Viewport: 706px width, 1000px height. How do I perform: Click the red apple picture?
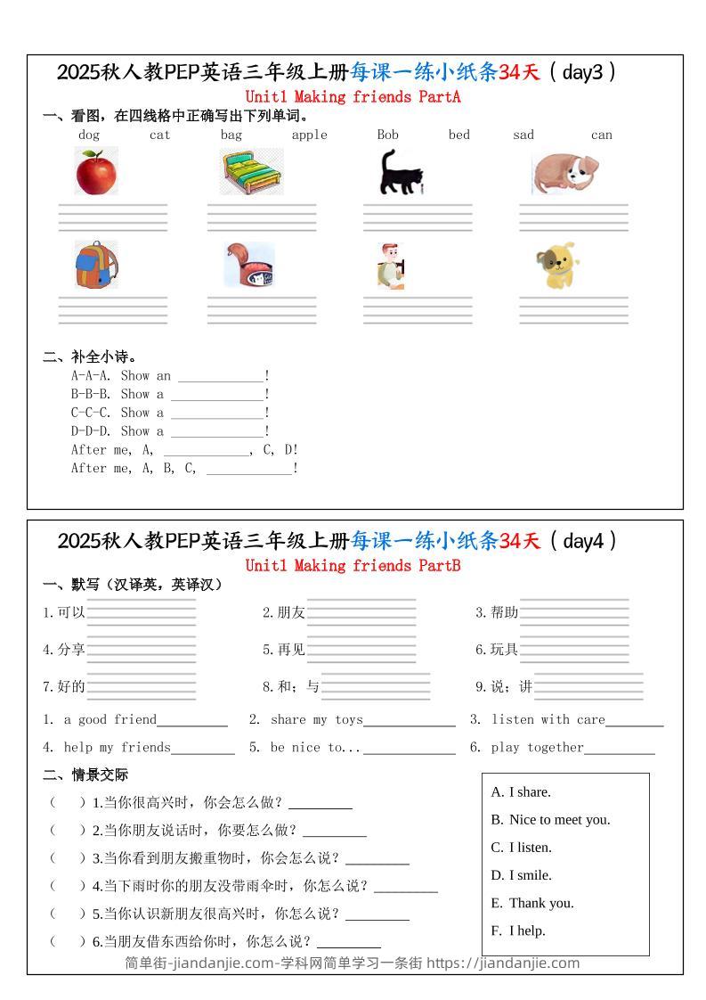pos(96,172)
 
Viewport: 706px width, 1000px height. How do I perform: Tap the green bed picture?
pos(253,172)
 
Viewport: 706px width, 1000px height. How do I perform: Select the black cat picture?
pos(399,172)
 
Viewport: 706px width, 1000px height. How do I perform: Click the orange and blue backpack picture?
pos(95,265)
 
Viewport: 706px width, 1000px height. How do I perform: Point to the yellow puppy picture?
pos(557,266)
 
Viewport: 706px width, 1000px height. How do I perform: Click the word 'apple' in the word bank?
pos(309,135)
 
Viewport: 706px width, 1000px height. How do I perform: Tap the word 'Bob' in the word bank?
pos(387,135)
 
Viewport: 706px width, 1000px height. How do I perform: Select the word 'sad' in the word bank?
pos(523,135)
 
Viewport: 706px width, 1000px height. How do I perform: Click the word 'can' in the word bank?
pos(602,135)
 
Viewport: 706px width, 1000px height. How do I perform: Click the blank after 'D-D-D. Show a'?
pos(217,432)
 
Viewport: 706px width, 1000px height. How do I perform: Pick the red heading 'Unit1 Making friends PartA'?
pos(353,96)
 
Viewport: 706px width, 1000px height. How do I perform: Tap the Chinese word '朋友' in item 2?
pos(291,612)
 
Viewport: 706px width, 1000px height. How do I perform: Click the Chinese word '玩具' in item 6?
pos(504,649)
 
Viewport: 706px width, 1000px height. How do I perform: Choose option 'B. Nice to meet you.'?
pos(550,819)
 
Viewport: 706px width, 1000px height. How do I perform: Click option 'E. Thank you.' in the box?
pos(532,903)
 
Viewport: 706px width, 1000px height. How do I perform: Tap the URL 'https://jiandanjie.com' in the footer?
pos(503,963)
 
